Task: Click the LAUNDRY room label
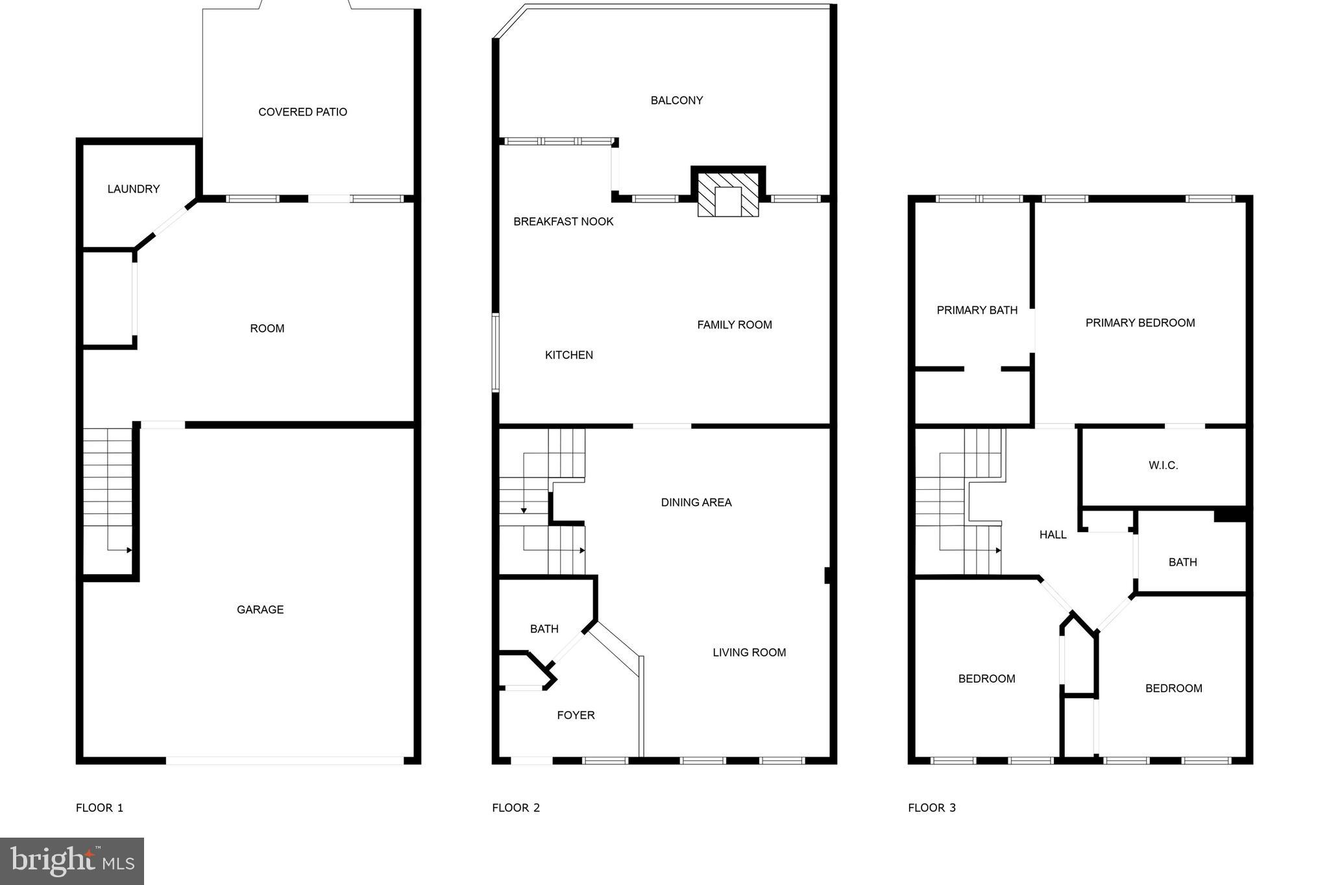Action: pos(134,189)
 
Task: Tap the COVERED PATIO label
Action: pos(302,112)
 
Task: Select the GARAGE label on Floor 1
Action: pos(260,609)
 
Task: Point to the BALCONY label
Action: pos(677,100)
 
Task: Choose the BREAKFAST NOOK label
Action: pos(563,221)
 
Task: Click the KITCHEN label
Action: pos(569,355)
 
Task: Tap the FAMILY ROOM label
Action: pos(735,324)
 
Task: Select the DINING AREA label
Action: pos(696,502)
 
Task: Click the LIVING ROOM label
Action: pos(750,652)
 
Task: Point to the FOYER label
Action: pos(576,715)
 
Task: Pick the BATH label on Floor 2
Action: pos(544,629)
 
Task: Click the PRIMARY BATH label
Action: pos(977,310)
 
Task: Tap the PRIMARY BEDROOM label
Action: pos(1140,322)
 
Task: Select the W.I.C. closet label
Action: pos(1163,465)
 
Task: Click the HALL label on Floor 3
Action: pos(1053,535)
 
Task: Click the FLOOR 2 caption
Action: pos(516,808)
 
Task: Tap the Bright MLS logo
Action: pos(72,861)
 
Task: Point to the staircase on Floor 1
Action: pos(108,493)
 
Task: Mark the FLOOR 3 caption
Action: pos(932,808)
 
